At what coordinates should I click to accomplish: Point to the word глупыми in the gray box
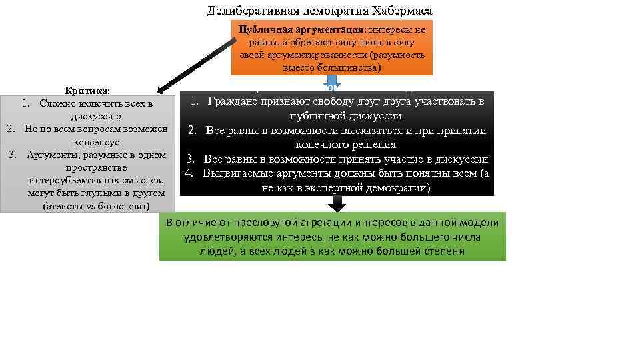coord(100,193)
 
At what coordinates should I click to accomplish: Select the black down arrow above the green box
coord(338,203)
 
